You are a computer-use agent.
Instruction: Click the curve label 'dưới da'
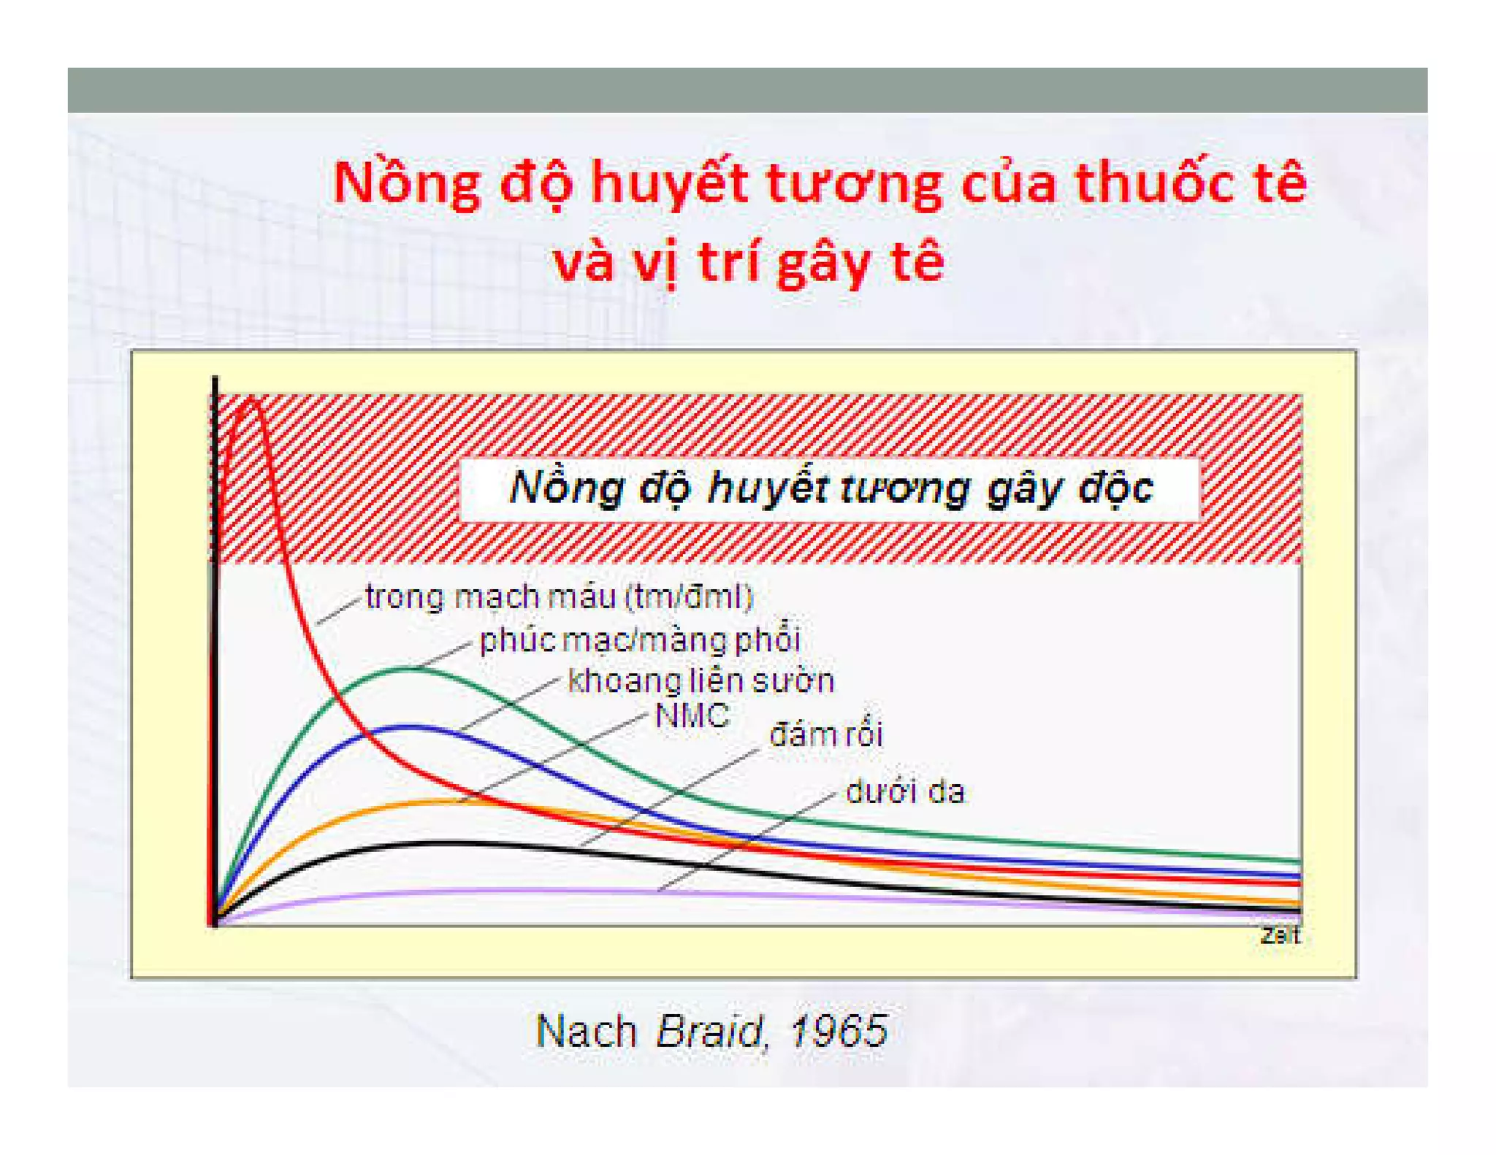(904, 792)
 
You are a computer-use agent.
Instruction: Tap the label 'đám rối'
(825, 734)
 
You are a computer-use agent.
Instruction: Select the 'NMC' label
(692, 715)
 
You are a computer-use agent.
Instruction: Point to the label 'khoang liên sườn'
(701, 680)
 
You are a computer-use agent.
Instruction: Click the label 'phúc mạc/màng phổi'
(640, 640)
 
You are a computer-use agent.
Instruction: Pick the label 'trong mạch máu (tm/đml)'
(559, 597)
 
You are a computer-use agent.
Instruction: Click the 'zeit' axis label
(1280, 935)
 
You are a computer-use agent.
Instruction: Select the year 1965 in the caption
(838, 1031)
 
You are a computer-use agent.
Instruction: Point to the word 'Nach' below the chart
(586, 1031)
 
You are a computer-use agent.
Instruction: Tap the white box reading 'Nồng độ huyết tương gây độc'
(830, 488)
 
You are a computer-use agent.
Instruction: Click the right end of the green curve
(1297, 861)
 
